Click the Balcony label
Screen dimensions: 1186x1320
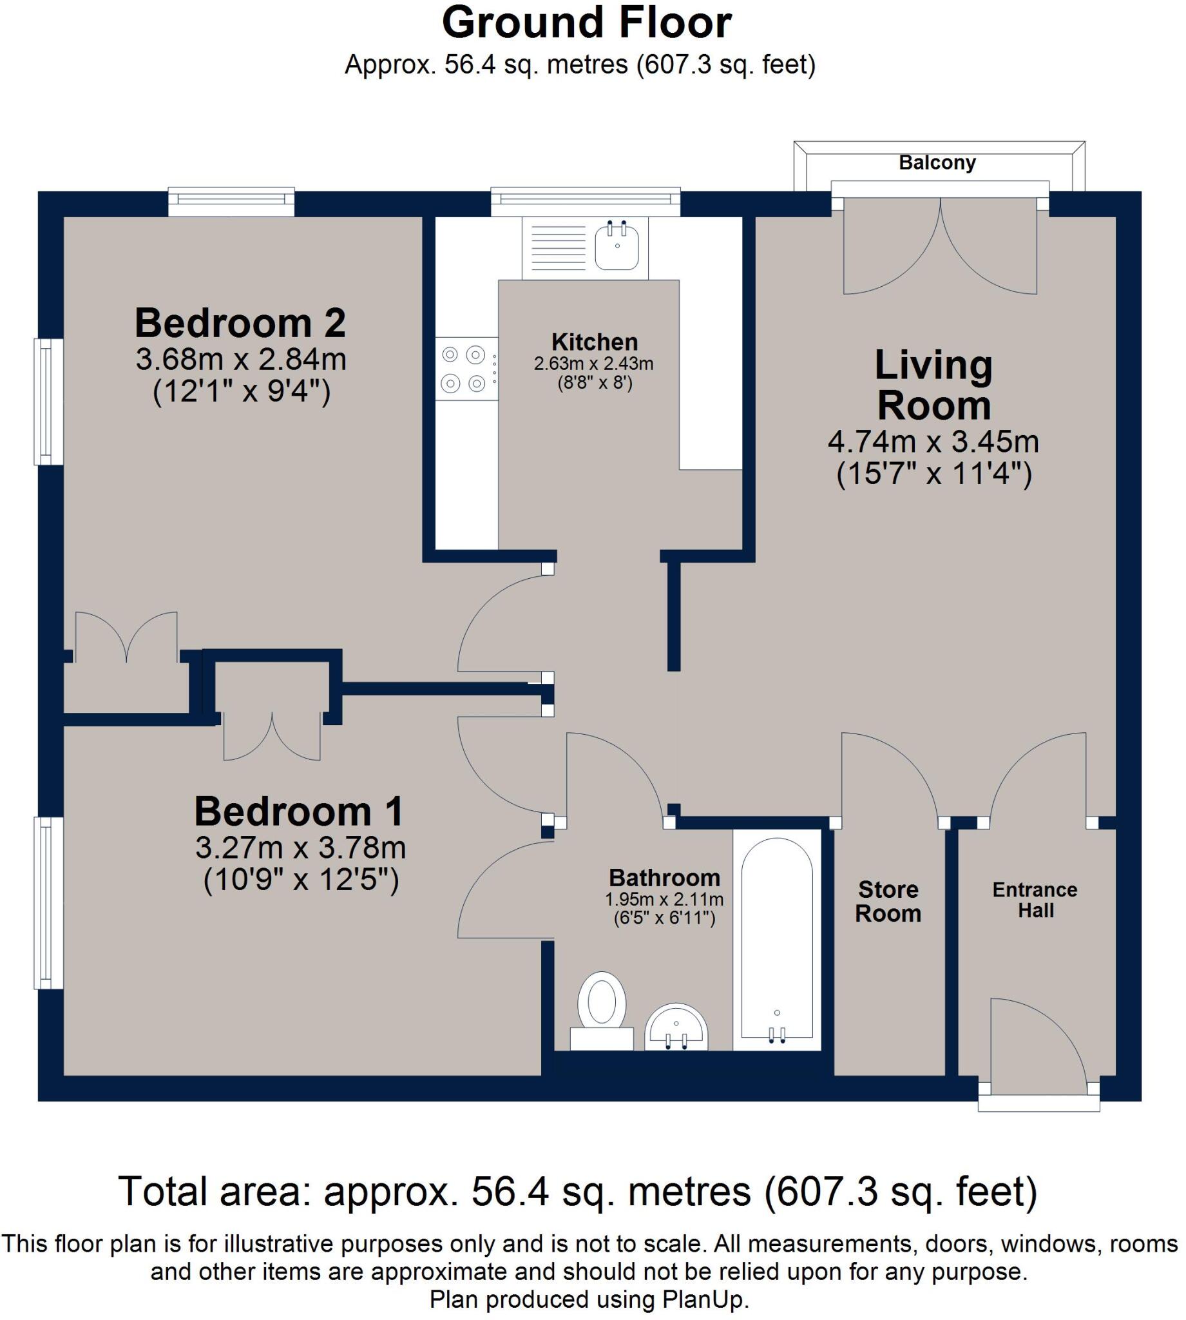[x=937, y=162]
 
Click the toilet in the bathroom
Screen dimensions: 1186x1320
[x=602, y=1011]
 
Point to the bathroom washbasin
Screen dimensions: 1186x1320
[x=676, y=1027]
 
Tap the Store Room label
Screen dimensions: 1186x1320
[x=888, y=901]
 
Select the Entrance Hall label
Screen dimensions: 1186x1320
[x=1035, y=900]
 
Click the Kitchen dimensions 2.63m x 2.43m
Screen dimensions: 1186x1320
[x=594, y=364]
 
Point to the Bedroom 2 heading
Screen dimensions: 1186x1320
[x=240, y=323]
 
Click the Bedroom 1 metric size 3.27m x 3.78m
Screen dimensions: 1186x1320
[x=300, y=848]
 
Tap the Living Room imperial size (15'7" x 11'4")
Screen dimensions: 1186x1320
[x=934, y=474]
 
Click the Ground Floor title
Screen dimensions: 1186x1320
[x=586, y=23]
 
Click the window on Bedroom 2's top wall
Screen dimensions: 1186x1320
[x=231, y=202]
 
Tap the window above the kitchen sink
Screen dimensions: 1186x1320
[x=586, y=202]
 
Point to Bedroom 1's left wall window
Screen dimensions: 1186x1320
[x=49, y=903]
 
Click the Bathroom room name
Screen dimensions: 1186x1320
[x=664, y=878]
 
